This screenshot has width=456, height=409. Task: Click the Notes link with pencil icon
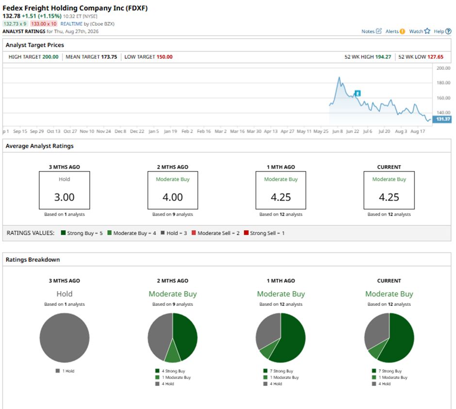pos(372,31)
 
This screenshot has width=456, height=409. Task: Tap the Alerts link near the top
pos(395,31)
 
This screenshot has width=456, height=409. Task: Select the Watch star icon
pos(427,31)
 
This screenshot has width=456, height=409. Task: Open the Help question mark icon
pos(448,31)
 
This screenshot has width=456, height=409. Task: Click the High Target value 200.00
pos(50,57)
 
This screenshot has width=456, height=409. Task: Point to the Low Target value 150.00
pos(164,57)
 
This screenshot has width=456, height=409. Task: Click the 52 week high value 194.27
pos(383,57)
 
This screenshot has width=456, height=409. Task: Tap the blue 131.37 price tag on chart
pos(442,119)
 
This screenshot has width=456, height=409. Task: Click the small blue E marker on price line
pos(358,93)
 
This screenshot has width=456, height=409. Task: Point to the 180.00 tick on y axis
pos(443,83)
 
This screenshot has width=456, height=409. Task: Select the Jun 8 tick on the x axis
pos(337,131)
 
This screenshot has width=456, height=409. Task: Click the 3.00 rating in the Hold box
pos(64,197)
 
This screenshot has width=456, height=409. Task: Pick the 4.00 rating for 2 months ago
pos(172,197)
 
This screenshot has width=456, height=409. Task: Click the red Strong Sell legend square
pos(246,233)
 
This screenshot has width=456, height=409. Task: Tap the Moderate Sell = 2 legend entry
pos(215,233)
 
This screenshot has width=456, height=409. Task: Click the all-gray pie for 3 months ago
pos(64,338)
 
